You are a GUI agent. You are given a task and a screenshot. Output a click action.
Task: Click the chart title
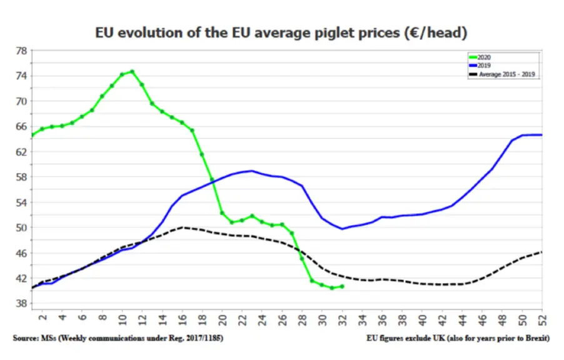(x=281, y=32)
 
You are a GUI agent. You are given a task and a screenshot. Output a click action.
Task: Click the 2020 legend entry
(x=480, y=57)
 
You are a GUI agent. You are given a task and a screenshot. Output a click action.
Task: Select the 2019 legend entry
(x=480, y=66)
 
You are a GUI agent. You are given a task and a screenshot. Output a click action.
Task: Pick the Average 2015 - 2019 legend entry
(x=502, y=74)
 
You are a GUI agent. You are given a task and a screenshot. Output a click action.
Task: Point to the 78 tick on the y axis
(x=21, y=51)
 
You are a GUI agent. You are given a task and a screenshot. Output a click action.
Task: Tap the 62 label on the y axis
(x=21, y=152)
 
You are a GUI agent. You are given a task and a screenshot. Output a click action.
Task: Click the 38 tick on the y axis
(x=21, y=304)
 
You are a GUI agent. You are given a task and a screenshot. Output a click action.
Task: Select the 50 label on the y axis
(x=21, y=227)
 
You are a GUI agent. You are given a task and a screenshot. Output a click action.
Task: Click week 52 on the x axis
(x=542, y=320)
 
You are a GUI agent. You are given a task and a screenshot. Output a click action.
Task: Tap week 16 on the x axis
(x=183, y=320)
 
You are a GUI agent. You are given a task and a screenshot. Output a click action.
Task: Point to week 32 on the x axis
(x=343, y=320)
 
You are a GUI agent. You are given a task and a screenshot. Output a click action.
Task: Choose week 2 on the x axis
(x=43, y=317)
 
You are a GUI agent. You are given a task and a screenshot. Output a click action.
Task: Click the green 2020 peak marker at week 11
(x=132, y=72)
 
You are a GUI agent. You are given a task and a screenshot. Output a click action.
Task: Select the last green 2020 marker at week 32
(x=342, y=287)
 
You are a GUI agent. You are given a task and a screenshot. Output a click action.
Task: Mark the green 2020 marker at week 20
(x=222, y=213)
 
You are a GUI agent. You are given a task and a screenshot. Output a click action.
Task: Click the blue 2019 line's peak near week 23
(x=252, y=171)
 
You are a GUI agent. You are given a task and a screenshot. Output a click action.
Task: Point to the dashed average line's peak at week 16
(x=183, y=227)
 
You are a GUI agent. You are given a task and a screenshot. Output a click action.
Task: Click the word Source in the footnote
(x=25, y=338)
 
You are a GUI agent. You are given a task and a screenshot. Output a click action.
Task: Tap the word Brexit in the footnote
(x=536, y=338)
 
